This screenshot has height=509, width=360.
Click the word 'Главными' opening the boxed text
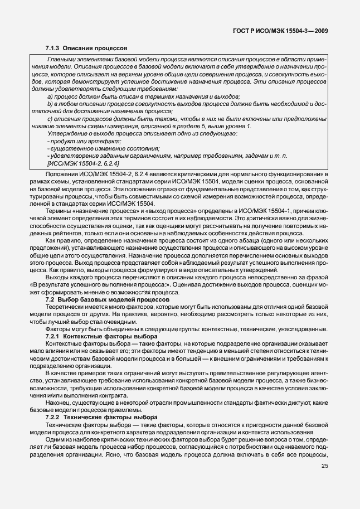[61, 59]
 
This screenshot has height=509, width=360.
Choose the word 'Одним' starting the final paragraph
[55, 439]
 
